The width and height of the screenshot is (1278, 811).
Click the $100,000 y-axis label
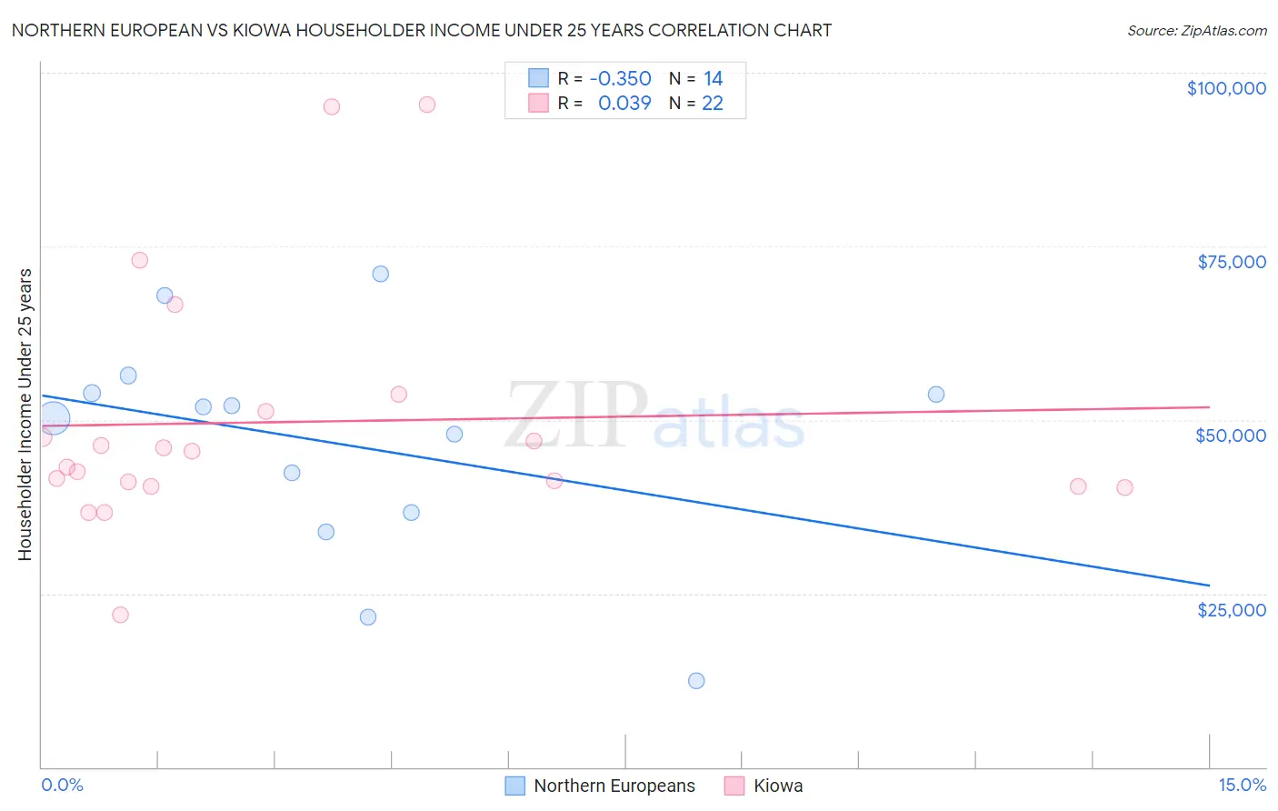pos(1226,88)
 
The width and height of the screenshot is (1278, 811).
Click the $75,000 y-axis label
pos(1231,262)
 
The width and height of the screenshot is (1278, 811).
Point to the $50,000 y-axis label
pos(1231,436)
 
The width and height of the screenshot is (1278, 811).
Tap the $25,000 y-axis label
pos(1231,610)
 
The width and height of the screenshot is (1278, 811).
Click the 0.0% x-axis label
pos(62,785)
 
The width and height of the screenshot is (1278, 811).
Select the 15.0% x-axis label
pos(1242,785)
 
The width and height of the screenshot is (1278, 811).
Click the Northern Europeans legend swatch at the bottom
pos(515,786)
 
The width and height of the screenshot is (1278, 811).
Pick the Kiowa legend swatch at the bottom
pos(734,786)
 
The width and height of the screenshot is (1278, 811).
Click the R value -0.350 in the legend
pos(620,79)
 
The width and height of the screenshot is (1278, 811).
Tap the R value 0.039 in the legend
pos(624,104)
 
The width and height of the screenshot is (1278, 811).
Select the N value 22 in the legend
pos(713,104)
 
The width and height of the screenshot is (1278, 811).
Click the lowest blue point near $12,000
pos(696,681)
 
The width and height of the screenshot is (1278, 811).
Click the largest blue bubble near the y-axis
pos(54,418)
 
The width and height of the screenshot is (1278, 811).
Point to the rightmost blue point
pos(936,395)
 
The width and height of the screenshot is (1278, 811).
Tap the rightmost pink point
pos(1124,487)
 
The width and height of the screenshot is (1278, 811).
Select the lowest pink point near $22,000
pos(120,615)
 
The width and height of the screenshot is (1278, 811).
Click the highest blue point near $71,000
pos(381,274)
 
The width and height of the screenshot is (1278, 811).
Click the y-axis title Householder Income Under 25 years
pos(25,415)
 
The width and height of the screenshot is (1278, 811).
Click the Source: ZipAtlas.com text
pos(1196,31)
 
